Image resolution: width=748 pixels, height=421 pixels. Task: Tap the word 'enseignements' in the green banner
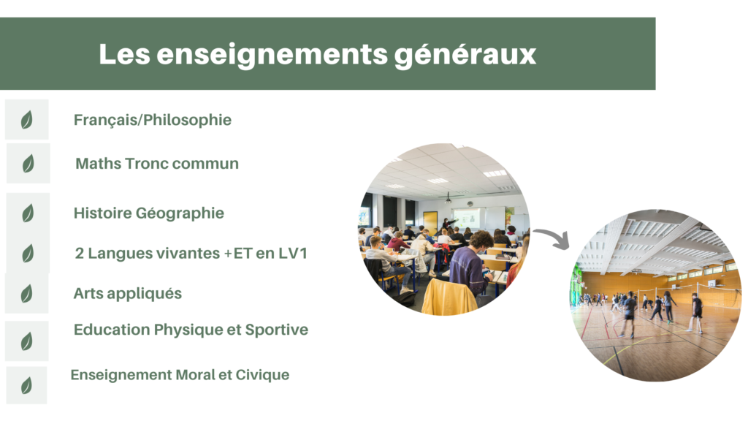[272, 55]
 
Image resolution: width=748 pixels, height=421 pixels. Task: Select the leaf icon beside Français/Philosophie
[27, 120]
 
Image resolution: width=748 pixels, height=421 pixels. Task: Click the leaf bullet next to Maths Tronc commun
[28, 163]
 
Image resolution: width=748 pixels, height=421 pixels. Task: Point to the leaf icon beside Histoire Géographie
[28, 213]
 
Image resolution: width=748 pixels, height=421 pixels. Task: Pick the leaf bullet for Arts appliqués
[27, 294]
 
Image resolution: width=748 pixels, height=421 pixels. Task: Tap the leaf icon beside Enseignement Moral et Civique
[27, 385]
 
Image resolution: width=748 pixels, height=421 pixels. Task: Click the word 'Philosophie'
[188, 121]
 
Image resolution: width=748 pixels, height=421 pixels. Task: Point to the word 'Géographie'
[180, 213]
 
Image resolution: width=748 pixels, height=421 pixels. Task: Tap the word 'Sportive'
[277, 330]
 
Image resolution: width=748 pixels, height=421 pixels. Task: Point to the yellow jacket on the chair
[448, 297]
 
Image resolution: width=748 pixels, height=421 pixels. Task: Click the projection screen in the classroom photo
[466, 219]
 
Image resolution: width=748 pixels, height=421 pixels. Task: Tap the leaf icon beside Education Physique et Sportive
[27, 341]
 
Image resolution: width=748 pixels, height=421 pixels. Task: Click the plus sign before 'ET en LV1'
[228, 254]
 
